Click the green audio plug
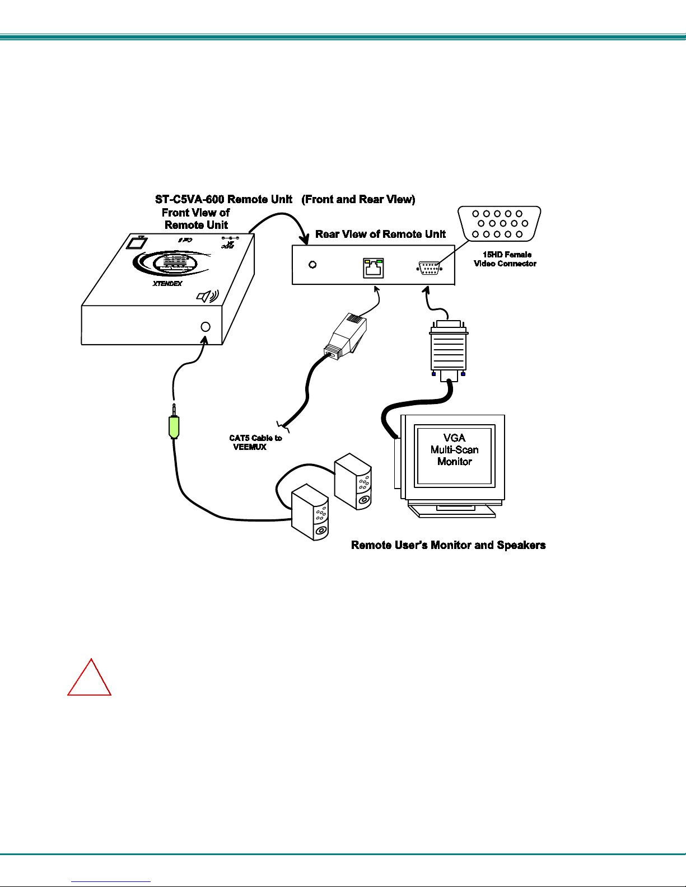[174, 426]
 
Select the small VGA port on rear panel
[429, 269]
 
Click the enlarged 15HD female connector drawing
[500, 224]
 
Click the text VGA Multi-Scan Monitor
[454, 450]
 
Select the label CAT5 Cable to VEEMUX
[255, 443]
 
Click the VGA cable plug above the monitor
[448, 350]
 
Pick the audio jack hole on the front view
[206, 327]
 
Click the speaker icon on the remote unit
[207, 296]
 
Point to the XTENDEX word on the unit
[167, 284]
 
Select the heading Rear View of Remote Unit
[380, 234]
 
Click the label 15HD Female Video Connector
[506, 259]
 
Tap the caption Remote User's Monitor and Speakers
[448, 545]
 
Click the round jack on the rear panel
[312, 264]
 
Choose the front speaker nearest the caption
[310, 512]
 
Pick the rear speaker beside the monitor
[353, 481]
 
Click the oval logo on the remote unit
[173, 262]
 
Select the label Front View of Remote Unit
[196, 219]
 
